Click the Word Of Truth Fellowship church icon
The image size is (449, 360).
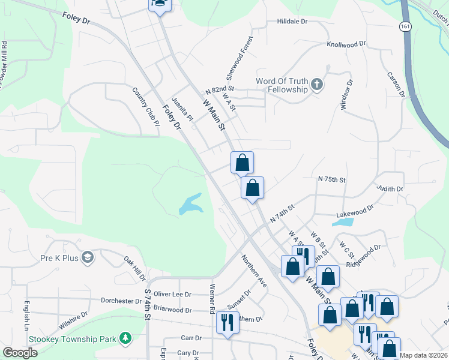(x=317, y=85)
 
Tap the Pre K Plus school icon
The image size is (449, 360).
(x=88, y=257)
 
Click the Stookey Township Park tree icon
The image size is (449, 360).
(x=125, y=339)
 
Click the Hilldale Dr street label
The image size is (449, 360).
(x=292, y=21)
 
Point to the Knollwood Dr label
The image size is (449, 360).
(x=346, y=44)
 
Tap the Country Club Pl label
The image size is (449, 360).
(x=146, y=107)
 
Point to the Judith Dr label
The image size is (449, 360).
(x=390, y=189)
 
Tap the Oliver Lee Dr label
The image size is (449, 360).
(x=172, y=294)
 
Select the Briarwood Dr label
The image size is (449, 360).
(x=172, y=310)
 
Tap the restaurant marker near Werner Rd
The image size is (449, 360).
(x=227, y=322)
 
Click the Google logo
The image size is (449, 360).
(x=20, y=353)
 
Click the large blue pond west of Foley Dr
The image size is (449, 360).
(x=191, y=205)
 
